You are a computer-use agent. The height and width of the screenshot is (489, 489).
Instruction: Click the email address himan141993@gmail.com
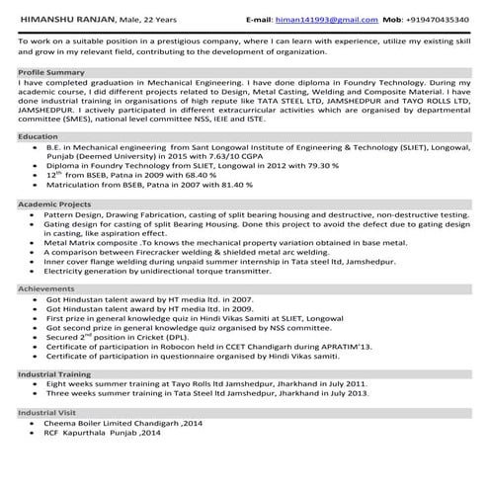[x=317, y=19]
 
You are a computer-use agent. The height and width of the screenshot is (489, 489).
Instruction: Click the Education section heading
[x=39, y=136]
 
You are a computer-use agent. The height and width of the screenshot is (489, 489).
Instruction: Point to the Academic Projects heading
[x=54, y=203]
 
